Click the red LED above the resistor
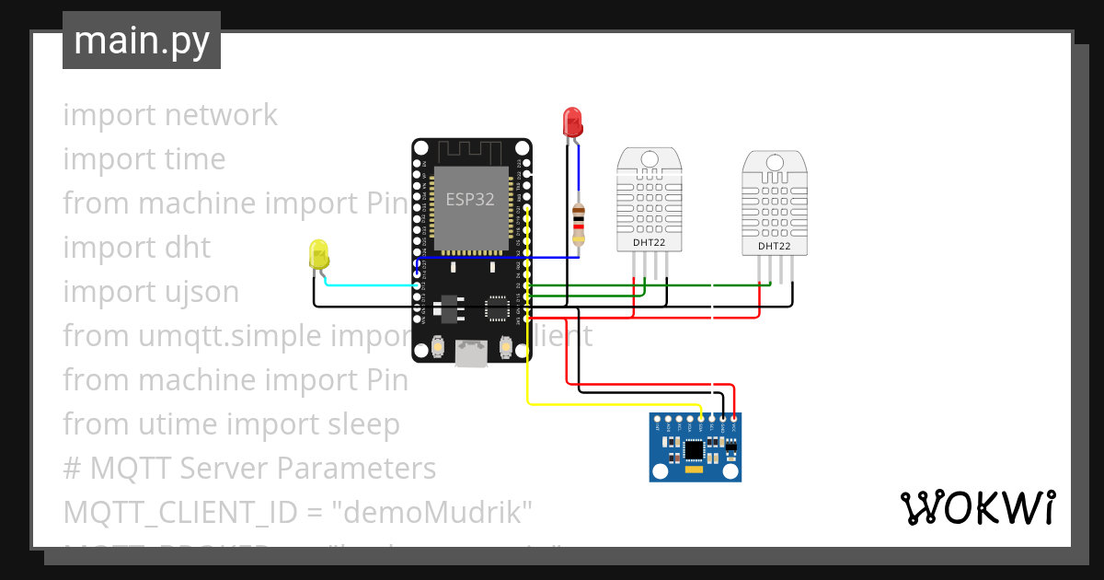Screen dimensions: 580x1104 572,122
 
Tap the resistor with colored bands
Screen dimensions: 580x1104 578,224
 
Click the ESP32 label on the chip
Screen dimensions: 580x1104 471,200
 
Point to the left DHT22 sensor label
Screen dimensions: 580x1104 649,243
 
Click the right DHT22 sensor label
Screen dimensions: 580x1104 775,246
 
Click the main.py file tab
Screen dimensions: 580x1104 142,41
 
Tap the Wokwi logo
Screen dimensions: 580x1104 976,507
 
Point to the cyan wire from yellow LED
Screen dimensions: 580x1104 368,285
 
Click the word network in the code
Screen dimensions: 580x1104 221,115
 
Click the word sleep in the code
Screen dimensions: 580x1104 359,424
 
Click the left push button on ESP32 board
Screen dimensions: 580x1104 439,347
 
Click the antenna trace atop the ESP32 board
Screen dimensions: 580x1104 471,150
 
